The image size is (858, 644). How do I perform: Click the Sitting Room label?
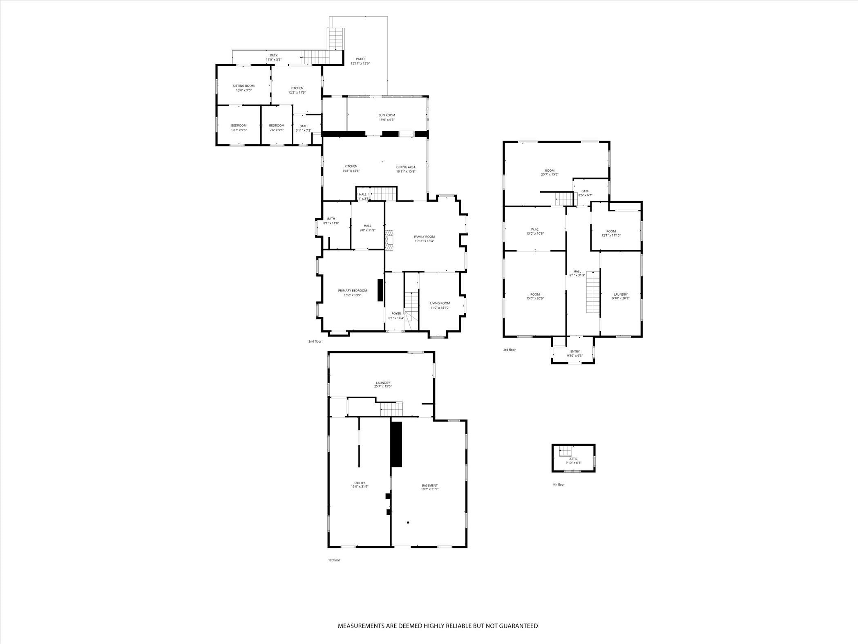pyautogui.click(x=244, y=86)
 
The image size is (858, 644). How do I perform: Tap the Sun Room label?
pyautogui.click(x=387, y=115)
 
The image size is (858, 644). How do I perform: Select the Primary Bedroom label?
pyautogui.click(x=352, y=291)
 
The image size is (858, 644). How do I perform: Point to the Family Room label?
pyautogui.click(x=424, y=237)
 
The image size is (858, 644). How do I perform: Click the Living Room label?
pyautogui.click(x=440, y=303)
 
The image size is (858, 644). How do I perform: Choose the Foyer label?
pyautogui.click(x=396, y=314)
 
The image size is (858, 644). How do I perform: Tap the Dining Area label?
pyautogui.click(x=406, y=167)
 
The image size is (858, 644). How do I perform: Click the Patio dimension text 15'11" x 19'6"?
pyautogui.click(x=360, y=63)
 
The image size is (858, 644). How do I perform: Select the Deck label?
pyautogui.click(x=273, y=55)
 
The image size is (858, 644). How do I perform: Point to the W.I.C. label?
pyautogui.click(x=535, y=229)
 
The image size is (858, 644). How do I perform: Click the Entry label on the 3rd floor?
pyautogui.click(x=574, y=352)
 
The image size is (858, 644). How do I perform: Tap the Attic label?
pyautogui.click(x=573, y=459)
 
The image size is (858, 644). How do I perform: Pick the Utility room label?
pyautogui.click(x=360, y=482)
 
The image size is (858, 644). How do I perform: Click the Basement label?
pyautogui.click(x=430, y=485)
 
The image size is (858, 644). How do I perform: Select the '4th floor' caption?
pyautogui.click(x=558, y=485)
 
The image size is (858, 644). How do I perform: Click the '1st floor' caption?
pyautogui.click(x=334, y=560)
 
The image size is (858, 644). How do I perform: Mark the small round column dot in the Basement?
pyautogui.click(x=408, y=523)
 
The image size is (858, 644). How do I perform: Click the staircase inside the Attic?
pyautogui.click(x=565, y=451)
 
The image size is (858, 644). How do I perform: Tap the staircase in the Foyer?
pyautogui.click(x=411, y=311)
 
